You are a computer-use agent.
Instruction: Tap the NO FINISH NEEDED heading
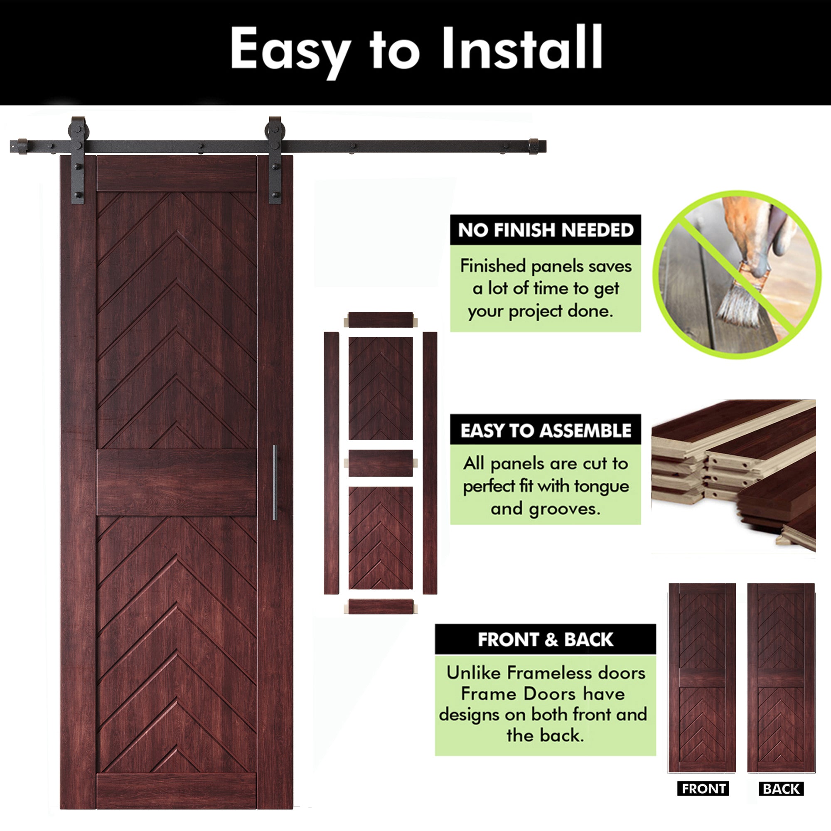click(546, 230)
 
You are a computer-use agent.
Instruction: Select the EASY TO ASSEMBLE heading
click(546, 430)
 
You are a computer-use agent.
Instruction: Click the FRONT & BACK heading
click(546, 639)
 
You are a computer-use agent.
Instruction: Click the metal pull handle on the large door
click(274, 482)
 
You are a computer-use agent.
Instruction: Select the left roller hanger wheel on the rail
click(78, 130)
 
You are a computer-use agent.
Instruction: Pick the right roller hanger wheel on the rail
click(274, 130)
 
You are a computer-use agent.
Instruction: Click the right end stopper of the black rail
click(534, 146)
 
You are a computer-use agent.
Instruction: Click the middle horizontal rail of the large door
click(177, 482)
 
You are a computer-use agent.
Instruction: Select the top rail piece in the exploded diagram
click(381, 320)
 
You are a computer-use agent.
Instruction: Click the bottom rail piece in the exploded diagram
click(381, 607)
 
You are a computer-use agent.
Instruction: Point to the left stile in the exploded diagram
click(331, 463)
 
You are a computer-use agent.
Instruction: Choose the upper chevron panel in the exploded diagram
click(381, 388)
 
